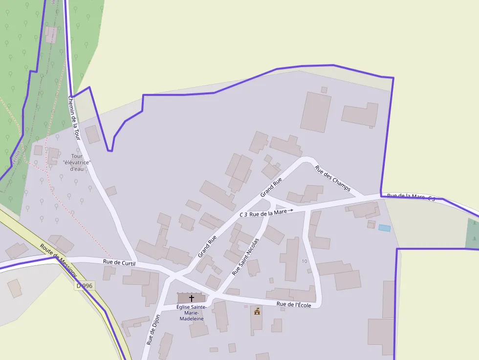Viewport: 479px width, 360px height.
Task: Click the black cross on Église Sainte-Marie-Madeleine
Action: point(192,297)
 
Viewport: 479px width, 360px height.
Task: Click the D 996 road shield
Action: point(85,286)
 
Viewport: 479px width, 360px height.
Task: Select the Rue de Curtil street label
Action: point(119,263)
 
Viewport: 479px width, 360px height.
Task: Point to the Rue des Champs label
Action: point(333,178)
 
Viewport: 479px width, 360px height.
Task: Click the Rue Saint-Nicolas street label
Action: point(245,256)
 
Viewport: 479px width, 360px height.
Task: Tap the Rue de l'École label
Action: point(294,305)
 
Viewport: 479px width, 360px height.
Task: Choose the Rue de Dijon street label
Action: point(153,330)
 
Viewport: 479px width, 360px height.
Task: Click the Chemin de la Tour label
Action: point(74,118)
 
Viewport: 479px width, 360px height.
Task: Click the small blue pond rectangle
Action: point(385,228)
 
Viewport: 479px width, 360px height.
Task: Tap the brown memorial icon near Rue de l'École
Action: point(257,311)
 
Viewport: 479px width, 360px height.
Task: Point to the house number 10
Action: point(305,261)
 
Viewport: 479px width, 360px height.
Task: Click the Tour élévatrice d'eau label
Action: point(77,162)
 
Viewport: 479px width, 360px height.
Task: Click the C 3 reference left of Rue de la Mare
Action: point(243,214)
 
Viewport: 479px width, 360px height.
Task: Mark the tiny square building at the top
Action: point(324,90)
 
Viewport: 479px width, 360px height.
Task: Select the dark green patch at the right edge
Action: point(473,233)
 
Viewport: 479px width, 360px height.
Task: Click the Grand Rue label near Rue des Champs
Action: point(271,187)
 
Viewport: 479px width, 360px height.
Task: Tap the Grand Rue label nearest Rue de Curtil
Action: point(207,247)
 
